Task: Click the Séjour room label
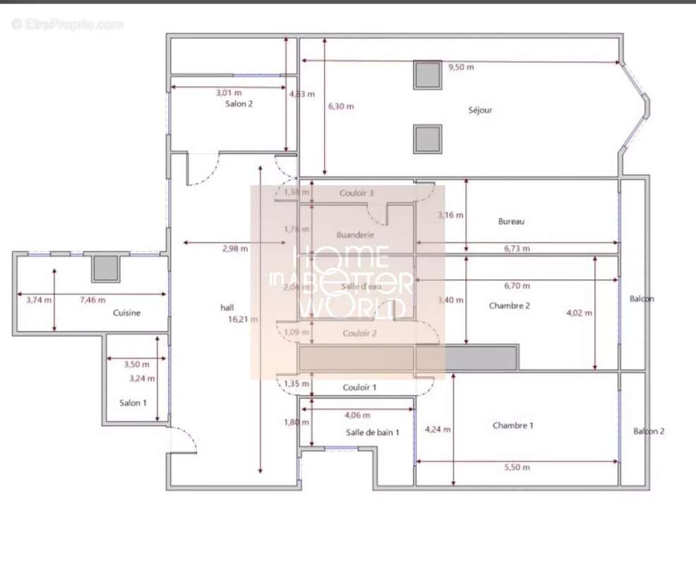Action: [x=480, y=110]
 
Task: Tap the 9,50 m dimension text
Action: [x=461, y=68]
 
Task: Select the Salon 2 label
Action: [x=239, y=104]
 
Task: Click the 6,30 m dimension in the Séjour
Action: [x=340, y=107]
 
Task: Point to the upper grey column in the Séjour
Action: [x=428, y=74]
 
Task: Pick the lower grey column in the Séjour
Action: [x=428, y=139]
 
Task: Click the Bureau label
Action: [x=511, y=222]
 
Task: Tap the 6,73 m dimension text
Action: [x=517, y=249]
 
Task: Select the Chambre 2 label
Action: [x=509, y=306]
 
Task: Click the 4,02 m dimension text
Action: [x=580, y=313]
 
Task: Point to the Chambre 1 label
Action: [x=512, y=426]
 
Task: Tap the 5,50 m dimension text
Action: [x=517, y=468]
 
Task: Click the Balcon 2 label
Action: [x=648, y=431]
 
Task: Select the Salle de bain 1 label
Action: [x=372, y=432]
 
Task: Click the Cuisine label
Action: [x=127, y=313]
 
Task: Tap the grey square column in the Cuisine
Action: [x=106, y=268]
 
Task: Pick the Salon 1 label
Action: [x=133, y=403]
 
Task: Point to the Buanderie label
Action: [x=355, y=235]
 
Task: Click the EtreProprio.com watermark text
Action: [x=68, y=25]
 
